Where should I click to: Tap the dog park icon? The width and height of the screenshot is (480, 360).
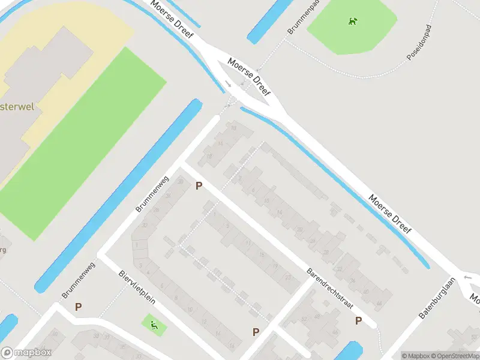[352, 22]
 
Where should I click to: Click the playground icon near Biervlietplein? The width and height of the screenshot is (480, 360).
[154, 326]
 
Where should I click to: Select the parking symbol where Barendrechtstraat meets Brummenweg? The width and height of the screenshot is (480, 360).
[199, 187]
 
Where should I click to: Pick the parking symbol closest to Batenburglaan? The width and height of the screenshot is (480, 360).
[358, 320]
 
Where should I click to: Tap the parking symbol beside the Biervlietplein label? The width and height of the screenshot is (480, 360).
[78, 307]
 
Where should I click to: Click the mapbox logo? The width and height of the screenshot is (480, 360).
[26, 353]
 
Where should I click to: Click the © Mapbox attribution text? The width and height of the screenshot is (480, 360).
[415, 356]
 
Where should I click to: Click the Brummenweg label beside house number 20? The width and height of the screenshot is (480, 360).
[153, 194]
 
